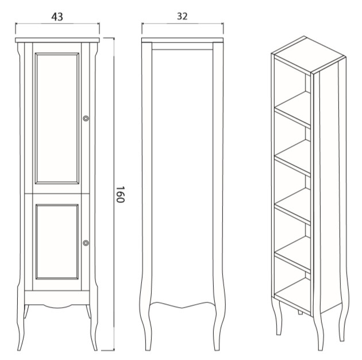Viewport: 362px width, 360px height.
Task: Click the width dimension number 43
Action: click(57, 17)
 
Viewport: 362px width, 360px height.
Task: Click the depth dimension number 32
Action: click(182, 16)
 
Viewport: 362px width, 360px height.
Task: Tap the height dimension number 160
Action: click(120, 194)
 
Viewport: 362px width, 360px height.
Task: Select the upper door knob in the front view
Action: click(86, 118)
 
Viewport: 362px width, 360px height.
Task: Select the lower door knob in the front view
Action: click(86, 243)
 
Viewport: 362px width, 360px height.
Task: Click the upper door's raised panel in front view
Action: click(57, 118)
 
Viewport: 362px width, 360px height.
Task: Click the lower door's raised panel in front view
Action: click(57, 242)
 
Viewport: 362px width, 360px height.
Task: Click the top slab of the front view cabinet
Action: click(57, 40)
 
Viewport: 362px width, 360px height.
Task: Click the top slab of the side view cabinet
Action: click(182, 40)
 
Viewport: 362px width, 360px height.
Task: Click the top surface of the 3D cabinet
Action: click(309, 55)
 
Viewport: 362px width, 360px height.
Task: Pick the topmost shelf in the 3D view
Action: click(292, 109)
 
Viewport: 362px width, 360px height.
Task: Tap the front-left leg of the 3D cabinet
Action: click(277, 316)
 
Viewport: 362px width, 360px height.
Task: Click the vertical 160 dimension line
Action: click(114, 194)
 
